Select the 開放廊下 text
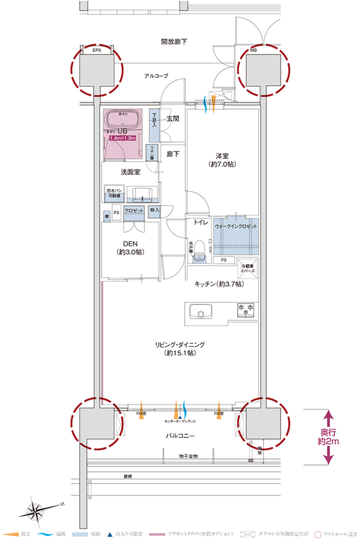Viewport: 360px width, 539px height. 174,42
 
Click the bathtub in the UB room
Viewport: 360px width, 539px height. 124,118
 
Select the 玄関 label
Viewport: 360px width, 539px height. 172,118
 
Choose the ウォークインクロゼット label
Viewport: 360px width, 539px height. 236,226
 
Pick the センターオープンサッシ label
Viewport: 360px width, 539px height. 181,419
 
